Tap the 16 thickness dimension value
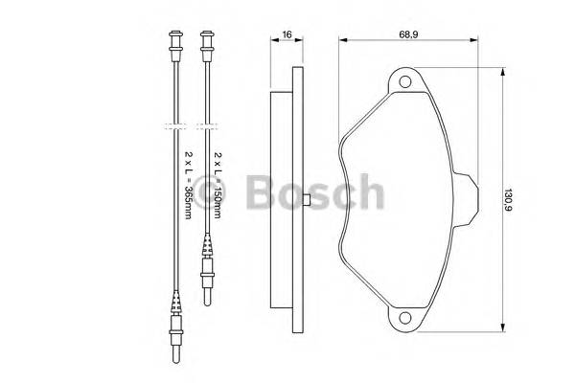coord(287,34)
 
